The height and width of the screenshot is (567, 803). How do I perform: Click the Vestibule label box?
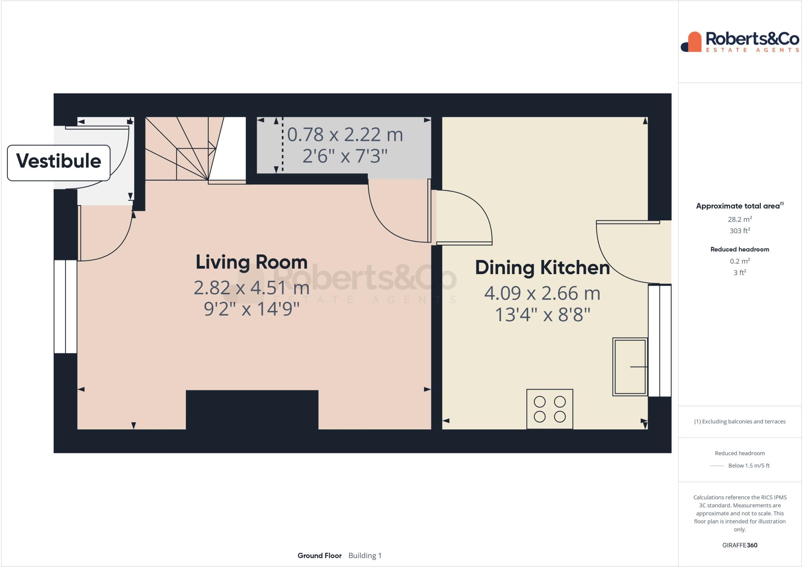[59, 162]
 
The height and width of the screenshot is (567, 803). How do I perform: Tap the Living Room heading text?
[251, 262]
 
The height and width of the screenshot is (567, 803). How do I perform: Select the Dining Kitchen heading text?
[542, 267]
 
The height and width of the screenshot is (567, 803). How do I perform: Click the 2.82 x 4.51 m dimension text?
[251, 288]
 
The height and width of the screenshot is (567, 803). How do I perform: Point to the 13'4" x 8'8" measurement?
[542, 314]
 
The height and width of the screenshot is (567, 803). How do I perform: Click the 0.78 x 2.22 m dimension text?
[345, 135]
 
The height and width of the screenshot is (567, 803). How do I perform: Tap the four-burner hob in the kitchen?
[550, 409]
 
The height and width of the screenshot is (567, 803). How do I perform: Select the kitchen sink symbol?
[630, 367]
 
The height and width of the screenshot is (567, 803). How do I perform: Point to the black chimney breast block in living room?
[252, 410]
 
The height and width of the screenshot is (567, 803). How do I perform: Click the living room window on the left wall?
[65, 306]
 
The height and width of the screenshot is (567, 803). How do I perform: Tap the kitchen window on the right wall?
[659, 340]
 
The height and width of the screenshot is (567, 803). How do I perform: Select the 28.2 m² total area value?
[739, 219]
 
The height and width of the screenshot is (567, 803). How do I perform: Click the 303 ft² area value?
[739, 231]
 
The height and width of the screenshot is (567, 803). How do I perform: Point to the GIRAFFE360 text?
[739, 545]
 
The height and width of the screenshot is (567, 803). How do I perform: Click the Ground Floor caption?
[319, 556]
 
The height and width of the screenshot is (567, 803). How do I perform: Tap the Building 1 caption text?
[365, 556]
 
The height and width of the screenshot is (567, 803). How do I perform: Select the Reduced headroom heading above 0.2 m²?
[739, 249]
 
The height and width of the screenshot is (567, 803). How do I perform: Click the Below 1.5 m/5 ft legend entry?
[748, 466]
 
